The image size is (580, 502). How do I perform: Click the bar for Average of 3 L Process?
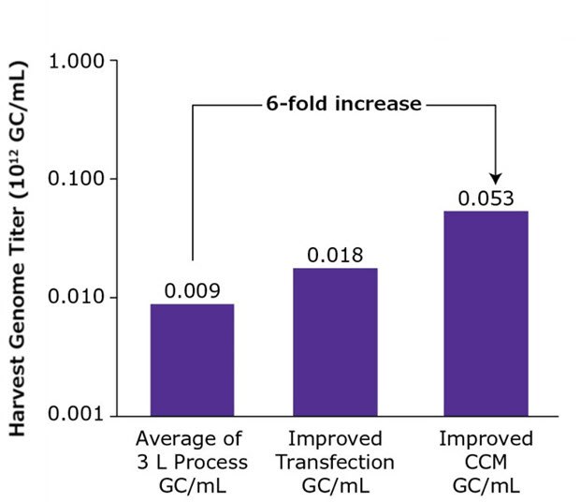pos(192,360)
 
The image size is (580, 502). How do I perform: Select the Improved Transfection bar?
pos(335,342)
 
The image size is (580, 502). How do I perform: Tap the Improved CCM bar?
pos(486,314)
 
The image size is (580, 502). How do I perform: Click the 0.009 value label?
pos(192,291)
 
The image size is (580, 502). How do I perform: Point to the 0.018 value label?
pos(335,256)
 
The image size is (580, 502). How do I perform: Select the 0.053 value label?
pos(486,199)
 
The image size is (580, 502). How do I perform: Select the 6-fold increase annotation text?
pos(343,104)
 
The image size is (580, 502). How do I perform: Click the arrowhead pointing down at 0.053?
pos(496,177)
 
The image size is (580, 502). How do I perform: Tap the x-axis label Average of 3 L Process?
pos(192,462)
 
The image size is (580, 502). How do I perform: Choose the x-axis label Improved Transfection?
pos(335,462)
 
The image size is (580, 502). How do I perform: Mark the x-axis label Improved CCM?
pos(486,462)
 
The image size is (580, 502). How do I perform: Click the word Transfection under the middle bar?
pos(335,462)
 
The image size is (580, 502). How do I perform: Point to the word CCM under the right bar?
pos(486,462)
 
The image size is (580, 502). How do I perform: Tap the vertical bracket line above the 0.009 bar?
pos(193,183)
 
